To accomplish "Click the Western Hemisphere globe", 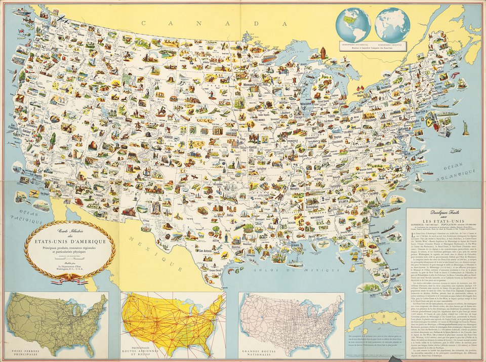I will tap(355, 25).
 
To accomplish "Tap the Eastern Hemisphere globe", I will tap(392, 25).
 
